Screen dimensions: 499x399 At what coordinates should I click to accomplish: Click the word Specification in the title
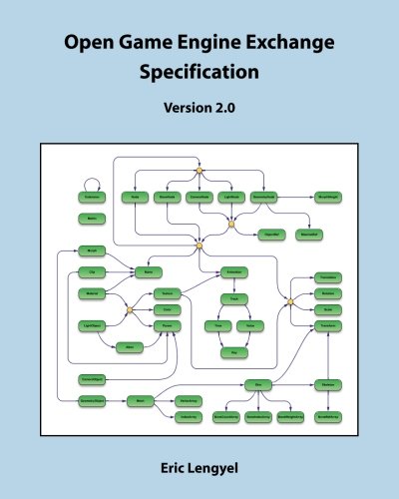tap(199, 73)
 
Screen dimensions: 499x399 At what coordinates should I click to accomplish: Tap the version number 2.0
tap(214, 110)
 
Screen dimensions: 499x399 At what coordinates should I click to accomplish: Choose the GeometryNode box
tap(93, 399)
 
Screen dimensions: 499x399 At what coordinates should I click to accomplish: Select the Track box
tap(233, 298)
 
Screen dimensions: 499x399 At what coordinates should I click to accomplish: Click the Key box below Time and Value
tap(233, 352)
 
